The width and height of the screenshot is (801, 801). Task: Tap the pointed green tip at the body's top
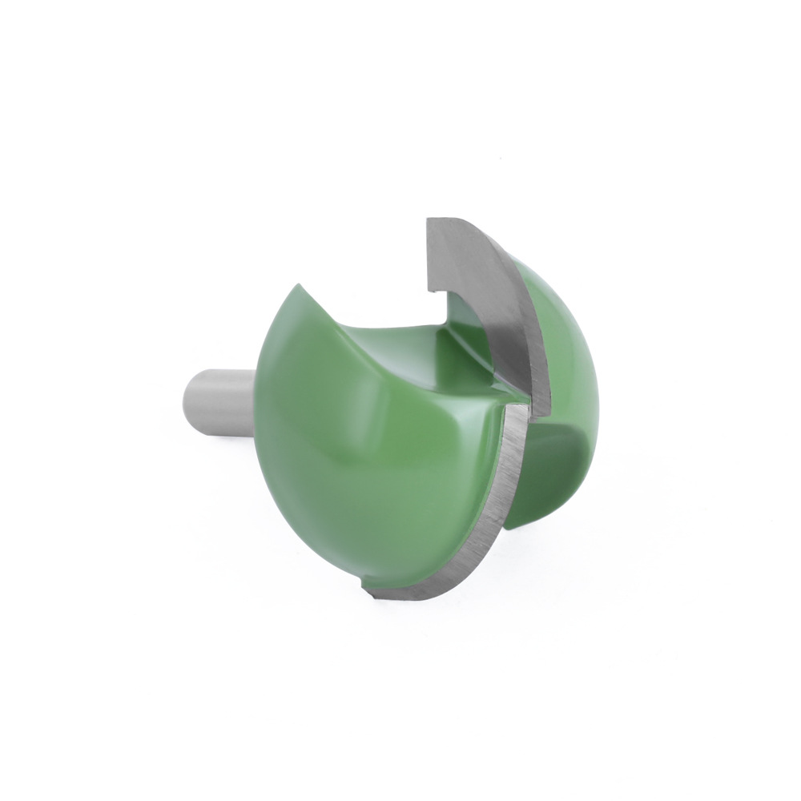(x=301, y=286)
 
